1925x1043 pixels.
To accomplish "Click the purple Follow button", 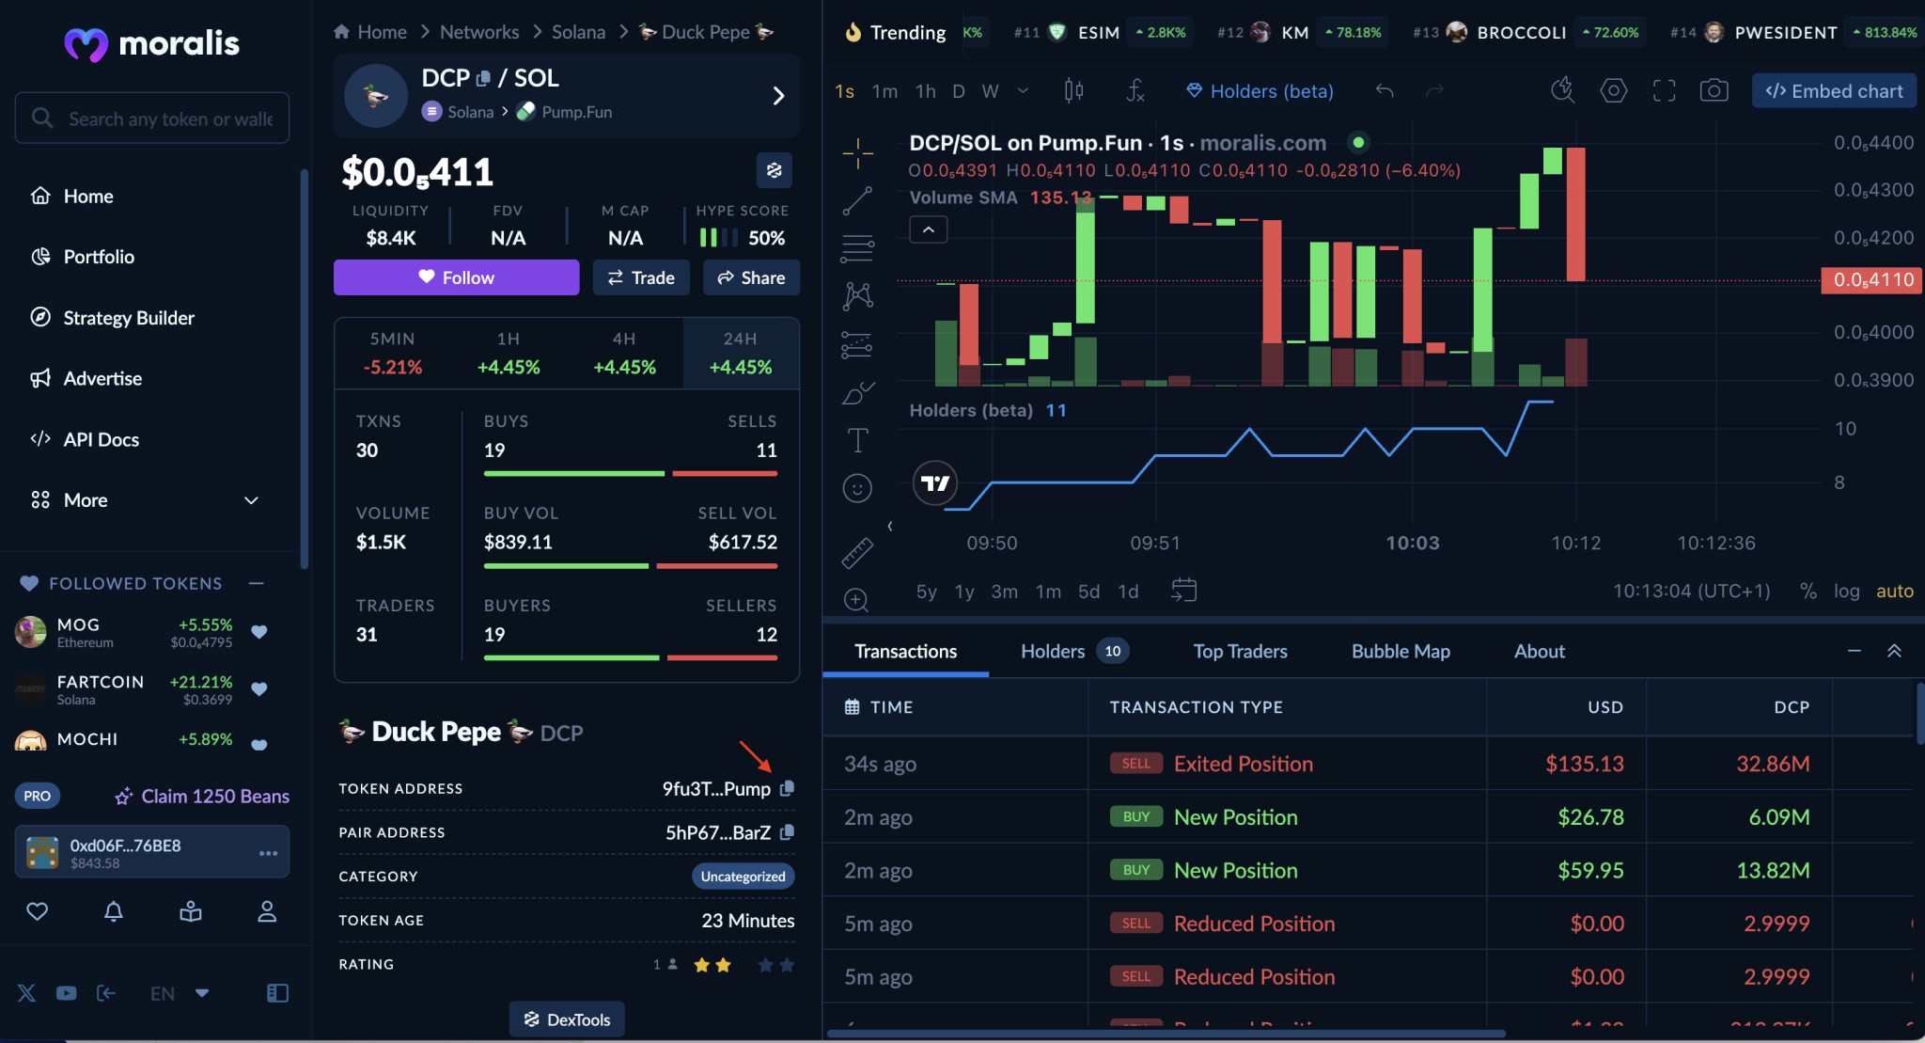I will coord(456,277).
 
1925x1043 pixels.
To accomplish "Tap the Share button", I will coord(751,277).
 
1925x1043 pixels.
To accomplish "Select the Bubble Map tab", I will coord(1401,651).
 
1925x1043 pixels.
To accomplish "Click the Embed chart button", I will coord(1834,91).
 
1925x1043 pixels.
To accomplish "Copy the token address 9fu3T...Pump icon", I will coord(788,788).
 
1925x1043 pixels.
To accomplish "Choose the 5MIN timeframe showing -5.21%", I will coord(392,353).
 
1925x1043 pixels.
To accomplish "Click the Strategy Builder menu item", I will coord(129,318).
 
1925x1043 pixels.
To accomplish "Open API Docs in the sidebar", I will coord(101,439).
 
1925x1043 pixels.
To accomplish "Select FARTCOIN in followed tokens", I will coord(100,689).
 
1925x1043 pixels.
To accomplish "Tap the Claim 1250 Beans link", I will coord(214,796).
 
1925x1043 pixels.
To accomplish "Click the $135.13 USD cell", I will coord(1584,764).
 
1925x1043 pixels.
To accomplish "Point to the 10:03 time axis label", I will coord(1412,543).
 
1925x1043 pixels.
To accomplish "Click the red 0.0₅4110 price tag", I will coord(1872,280).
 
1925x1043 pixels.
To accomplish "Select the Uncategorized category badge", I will coord(743,877).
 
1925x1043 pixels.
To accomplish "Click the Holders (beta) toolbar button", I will coord(1260,91).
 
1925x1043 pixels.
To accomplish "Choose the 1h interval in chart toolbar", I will coord(926,91).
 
